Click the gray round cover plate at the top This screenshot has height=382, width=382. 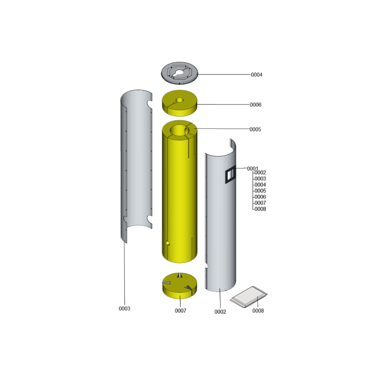[180, 73]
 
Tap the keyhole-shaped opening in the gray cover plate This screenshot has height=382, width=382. [179, 73]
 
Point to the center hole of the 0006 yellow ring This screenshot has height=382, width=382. [180, 100]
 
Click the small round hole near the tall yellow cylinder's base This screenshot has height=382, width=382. [168, 243]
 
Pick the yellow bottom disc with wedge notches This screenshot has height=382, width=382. [180, 286]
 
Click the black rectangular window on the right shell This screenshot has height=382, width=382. [230, 174]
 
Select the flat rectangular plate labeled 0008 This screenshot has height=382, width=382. [248, 297]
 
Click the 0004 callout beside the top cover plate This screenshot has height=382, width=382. [256, 75]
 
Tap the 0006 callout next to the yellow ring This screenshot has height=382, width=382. [255, 105]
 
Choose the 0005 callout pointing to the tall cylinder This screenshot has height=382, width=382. [255, 129]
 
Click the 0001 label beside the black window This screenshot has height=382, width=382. [253, 169]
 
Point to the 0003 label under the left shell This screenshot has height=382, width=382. [125, 308]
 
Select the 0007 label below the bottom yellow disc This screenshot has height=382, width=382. [180, 311]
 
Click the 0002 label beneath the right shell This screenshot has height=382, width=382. [220, 312]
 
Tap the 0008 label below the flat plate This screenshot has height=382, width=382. [258, 311]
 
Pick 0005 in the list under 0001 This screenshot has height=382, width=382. [260, 191]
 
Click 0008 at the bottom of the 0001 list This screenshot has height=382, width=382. [260, 209]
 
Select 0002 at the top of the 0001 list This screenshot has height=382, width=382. [260, 172]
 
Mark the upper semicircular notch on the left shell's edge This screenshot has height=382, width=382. [149, 104]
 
